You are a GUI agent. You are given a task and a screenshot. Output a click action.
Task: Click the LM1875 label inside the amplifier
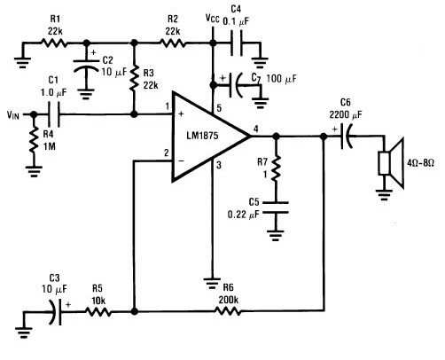tap(202, 136)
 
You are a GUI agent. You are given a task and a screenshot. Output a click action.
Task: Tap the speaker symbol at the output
tap(392, 163)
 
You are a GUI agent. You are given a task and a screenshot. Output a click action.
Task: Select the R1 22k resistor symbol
tap(53, 43)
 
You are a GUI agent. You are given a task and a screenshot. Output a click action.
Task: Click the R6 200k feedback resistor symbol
tap(227, 311)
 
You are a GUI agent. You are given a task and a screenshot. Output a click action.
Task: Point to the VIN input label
tap(13, 114)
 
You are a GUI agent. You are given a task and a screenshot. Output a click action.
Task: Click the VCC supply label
tap(213, 19)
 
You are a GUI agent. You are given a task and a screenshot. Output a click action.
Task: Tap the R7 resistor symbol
tap(276, 168)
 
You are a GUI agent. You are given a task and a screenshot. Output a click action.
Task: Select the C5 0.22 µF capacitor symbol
tap(276, 207)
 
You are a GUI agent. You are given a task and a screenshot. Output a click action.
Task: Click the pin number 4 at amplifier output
tap(256, 129)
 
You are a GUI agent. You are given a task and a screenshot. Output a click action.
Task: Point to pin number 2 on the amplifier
tap(167, 153)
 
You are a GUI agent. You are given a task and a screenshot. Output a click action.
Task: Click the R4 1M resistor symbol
tap(34, 139)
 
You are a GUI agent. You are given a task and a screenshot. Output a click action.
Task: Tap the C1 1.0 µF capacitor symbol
tap(54, 114)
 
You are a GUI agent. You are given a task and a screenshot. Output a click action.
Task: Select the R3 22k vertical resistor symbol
tap(134, 78)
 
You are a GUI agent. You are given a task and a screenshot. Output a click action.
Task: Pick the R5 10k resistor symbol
tap(98, 311)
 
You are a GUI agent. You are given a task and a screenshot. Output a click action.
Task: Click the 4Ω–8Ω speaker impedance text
tap(420, 162)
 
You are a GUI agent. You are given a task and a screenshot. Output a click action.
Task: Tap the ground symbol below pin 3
tap(212, 283)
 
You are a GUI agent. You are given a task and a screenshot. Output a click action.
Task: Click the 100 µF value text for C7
tap(281, 79)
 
